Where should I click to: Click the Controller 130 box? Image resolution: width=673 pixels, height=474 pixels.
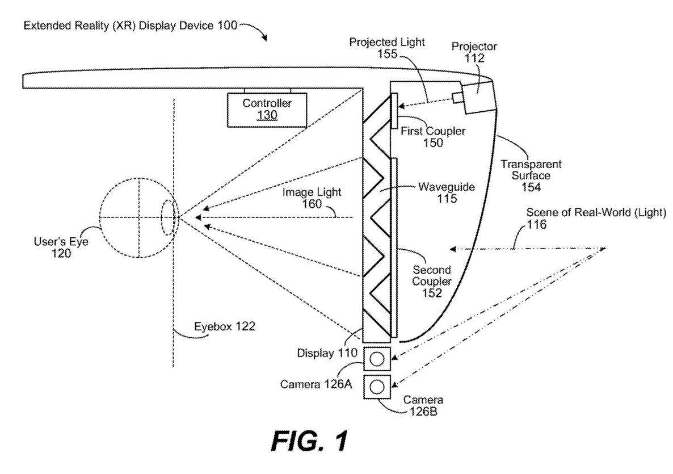(267, 110)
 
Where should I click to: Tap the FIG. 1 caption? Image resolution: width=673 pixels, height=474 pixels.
(309, 441)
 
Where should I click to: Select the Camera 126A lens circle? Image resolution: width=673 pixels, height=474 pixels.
(377, 359)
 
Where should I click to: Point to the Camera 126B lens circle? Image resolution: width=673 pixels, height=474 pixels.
(377, 387)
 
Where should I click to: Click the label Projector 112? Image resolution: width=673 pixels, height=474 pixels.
(474, 52)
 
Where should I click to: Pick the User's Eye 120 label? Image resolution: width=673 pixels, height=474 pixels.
(61, 248)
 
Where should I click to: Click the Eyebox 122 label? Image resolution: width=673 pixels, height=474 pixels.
(225, 326)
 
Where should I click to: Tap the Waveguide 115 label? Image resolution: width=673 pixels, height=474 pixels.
(447, 192)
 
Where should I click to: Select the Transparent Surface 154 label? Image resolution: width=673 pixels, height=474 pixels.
(531, 175)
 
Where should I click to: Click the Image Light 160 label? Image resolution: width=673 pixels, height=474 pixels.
(312, 198)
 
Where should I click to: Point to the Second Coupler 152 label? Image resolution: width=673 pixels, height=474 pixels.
(432, 281)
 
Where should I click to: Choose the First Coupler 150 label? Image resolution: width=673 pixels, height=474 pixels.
(432, 137)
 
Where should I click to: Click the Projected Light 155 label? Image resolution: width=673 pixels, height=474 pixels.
(386, 48)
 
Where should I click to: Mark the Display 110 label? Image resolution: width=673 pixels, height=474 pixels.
(327, 353)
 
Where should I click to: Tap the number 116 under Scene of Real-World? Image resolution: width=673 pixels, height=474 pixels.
(537, 224)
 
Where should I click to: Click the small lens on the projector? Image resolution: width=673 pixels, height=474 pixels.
(457, 98)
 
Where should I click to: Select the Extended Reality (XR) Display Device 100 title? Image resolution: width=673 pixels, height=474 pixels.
(130, 26)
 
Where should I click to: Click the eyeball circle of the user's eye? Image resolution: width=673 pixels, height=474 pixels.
(138, 217)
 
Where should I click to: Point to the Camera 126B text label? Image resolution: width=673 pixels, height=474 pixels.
(423, 406)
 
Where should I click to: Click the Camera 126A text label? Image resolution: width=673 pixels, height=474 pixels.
(316, 384)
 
